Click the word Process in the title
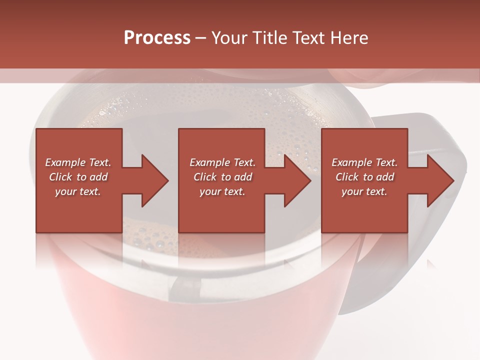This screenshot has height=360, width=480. (157, 38)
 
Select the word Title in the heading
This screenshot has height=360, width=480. (269, 38)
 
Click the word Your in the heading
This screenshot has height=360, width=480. (230, 38)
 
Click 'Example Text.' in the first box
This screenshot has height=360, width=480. (78, 162)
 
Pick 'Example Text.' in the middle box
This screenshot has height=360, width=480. (222, 162)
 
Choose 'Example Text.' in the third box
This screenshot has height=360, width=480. (364, 162)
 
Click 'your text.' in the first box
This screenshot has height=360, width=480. (78, 191)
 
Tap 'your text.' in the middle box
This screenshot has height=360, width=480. (222, 191)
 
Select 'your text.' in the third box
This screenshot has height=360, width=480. (364, 191)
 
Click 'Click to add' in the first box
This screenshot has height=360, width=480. (78, 177)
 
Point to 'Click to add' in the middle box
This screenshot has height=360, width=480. (222, 177)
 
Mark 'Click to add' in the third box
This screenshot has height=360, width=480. (364, 177)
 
